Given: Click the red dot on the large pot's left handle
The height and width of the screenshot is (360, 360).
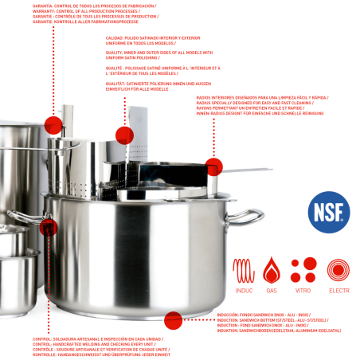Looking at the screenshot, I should (49, 226).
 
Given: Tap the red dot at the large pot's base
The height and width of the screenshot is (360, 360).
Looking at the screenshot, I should (173, 321).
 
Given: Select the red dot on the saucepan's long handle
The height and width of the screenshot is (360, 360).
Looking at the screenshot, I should (213, 166).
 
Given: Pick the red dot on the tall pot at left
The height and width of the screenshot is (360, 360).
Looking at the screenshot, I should (53, 123).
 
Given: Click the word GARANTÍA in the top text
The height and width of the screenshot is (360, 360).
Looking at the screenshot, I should (43, 5).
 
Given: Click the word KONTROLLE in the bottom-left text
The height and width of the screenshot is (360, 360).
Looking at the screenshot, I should (45, 352).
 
